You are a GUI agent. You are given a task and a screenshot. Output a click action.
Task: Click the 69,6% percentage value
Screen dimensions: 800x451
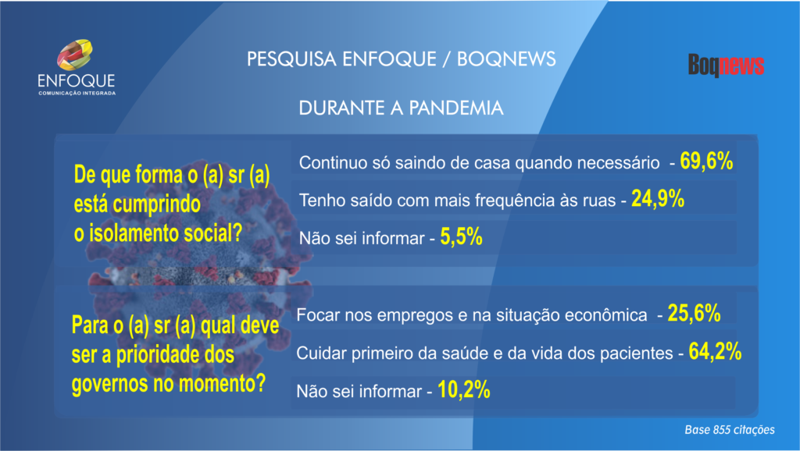tap(706, 161)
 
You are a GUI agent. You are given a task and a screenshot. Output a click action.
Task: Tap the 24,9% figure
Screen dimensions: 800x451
tap(658, 199)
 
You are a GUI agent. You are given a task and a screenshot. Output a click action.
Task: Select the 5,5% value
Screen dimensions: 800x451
tap(461, 237)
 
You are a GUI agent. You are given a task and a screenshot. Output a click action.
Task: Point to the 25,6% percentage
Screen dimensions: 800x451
tap(694, 314)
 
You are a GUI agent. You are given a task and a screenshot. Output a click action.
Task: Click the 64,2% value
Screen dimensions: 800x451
tap(715, 352)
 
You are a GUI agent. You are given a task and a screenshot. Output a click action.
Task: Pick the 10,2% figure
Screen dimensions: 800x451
tap(464, 390)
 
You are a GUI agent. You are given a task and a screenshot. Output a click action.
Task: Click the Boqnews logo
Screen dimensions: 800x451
tap(726, 66)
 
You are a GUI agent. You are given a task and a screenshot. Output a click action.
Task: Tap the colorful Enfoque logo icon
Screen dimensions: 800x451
tap(74, 55)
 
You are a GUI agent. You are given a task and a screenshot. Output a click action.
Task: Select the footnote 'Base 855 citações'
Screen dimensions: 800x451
tap(730, 430)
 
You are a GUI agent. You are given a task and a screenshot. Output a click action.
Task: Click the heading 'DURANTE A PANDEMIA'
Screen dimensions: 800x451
tap(401, 108)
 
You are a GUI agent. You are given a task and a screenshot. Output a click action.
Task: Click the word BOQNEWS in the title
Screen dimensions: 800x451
tap(506, 59)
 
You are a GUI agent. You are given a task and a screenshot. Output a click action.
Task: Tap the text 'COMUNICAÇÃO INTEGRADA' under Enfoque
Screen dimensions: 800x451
tap(77, 94)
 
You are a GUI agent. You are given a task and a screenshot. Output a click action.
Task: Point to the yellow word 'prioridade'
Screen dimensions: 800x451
tap(158, 356)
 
